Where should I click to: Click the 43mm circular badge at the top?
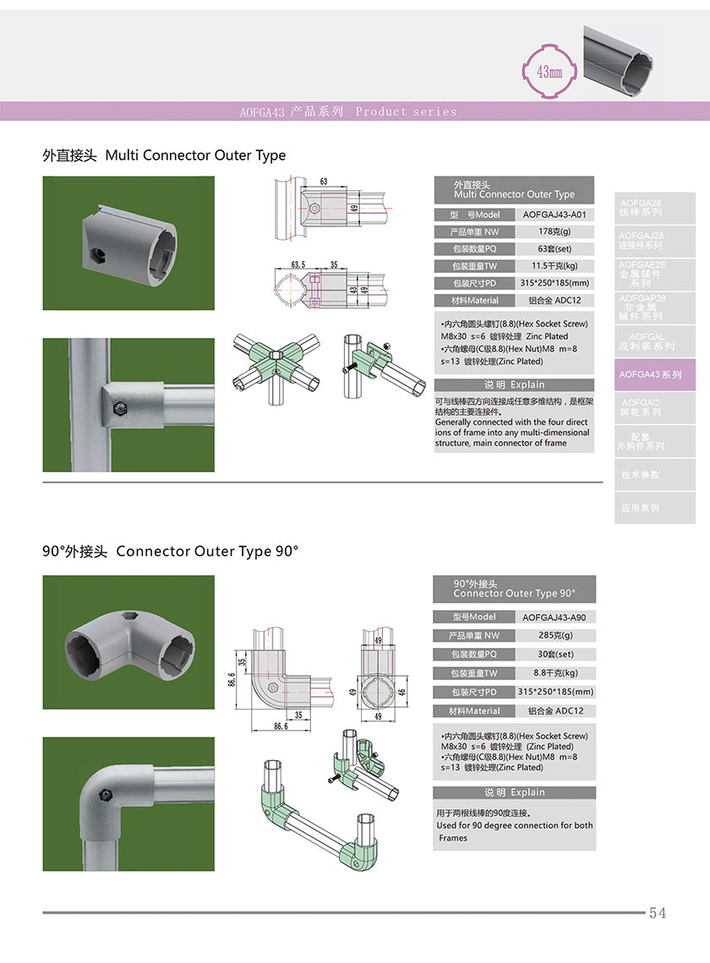(x=549, y=72)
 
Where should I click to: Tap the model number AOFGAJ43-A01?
(x=554, y=215)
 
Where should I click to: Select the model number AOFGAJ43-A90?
(x=554, y=618)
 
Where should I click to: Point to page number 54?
(x=658, y=913)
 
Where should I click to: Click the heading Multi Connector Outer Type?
(x=195, y=155)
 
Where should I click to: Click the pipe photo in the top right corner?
(x=642, y=59)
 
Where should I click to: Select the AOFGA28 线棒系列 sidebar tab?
(x=642, y=208)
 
